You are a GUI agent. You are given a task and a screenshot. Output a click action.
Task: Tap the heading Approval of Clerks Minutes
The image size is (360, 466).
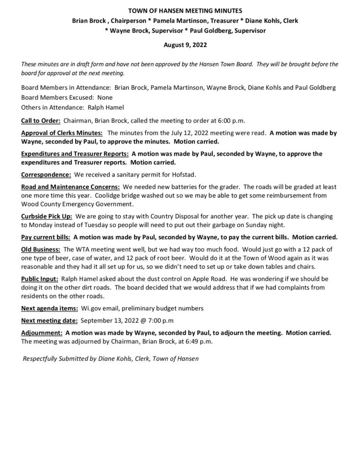(x=62, y=133)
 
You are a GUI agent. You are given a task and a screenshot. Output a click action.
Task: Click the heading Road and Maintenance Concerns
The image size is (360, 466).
(x=71, y=187)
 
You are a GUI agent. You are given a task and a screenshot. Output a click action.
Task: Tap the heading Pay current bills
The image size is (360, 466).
(x=46, y=237)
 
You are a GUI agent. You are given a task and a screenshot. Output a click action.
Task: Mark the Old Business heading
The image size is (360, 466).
(x=41, y=249)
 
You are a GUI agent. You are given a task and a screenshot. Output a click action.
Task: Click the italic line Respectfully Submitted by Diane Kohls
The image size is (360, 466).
(x=111, y=358)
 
